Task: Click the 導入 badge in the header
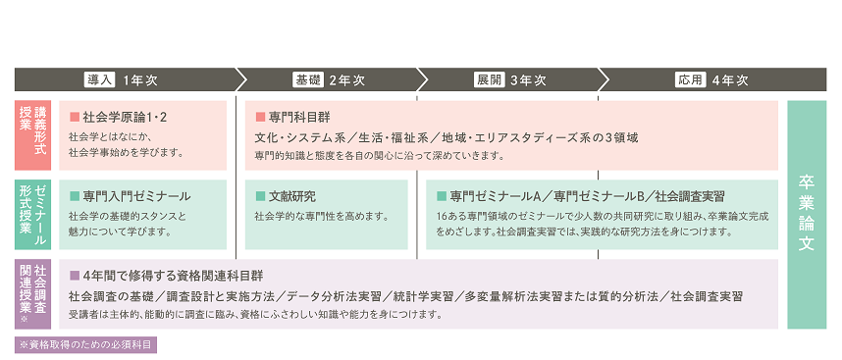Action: [x=102, y=80]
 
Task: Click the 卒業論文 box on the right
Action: [x=807, y=215]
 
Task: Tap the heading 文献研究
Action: [x=292, y=196]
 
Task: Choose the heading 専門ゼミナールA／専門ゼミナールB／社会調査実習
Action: [x=582, y=196]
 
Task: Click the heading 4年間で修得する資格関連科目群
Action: [x=174, y=276]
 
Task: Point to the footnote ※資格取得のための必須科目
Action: [x=86, y=345]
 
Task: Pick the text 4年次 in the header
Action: [x=730, y=80]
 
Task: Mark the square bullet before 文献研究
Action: [x=260, y=196]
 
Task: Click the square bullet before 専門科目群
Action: [x=260, y=117]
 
